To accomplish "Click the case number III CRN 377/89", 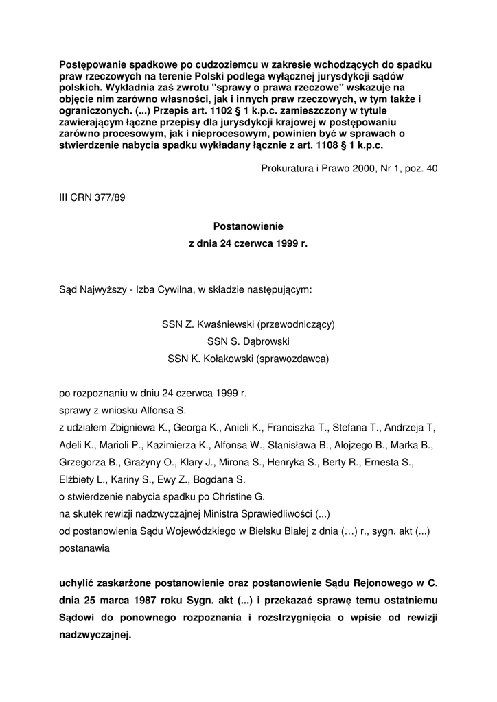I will click(92, 197).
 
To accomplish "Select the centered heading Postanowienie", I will click(248, 226).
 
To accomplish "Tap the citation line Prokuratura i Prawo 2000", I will click(349, 169).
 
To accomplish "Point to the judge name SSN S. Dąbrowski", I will click(248, 341).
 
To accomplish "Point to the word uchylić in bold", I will click(79, 583).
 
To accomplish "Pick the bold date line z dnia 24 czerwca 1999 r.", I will click(248, 243).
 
